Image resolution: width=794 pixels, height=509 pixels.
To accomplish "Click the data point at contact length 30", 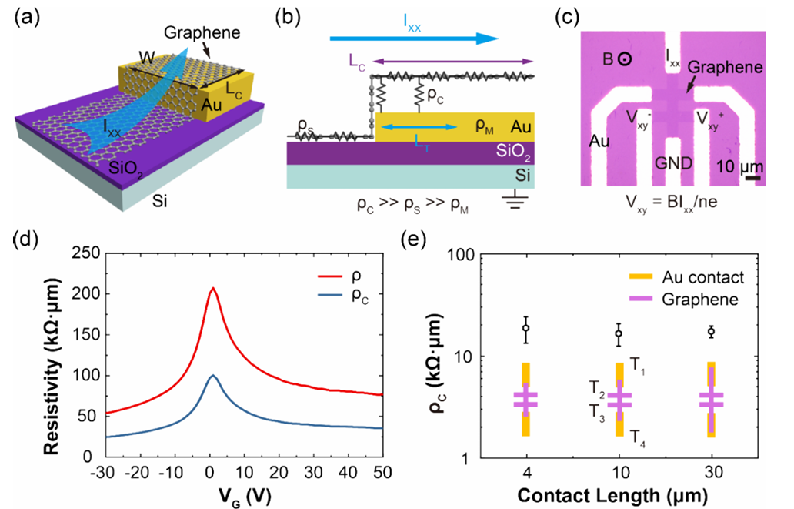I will (x=712, y=332).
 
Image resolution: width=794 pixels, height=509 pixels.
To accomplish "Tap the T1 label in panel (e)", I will (x=637, y=361).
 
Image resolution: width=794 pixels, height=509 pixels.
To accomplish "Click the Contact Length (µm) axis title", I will (x=619, y=493).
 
